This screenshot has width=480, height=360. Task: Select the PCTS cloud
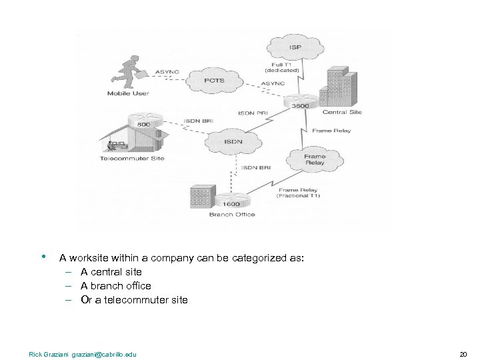215,81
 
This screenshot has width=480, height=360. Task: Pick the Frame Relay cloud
315,159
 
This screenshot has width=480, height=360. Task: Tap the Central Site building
339,87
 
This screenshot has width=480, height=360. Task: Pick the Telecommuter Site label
132,158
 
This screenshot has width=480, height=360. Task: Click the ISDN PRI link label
253,114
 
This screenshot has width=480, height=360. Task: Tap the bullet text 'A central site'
111,272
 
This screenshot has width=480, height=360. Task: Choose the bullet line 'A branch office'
116,286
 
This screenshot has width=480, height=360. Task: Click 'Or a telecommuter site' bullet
134,300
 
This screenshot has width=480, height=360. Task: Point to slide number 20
463,354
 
